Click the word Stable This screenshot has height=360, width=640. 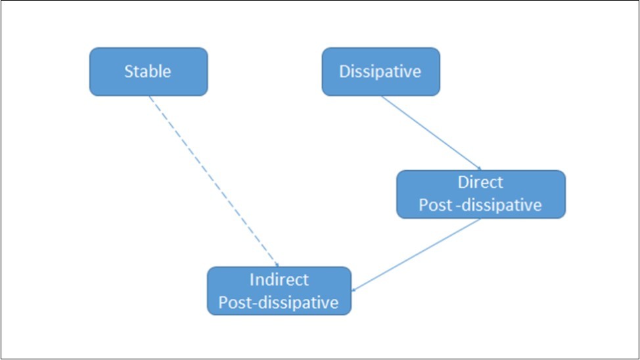(x=148, y=72)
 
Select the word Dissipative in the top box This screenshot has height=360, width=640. (x=380, y=72)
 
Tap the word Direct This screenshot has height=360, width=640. (x=480, y=183)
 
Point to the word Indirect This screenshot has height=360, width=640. (x=279, y=280)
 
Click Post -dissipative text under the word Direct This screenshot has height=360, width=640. (x=480, y=205)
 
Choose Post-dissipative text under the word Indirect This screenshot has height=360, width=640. (x=279, y=302)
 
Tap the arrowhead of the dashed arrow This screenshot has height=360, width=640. (x=277, y=264)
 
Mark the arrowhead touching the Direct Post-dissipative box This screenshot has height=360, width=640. (x=479, y=168)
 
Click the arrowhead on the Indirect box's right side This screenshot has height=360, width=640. (x=354, y=289)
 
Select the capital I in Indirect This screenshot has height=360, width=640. (x=252, y=280)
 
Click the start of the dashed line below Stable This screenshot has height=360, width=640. (x=149, y=97)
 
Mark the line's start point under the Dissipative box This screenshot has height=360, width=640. (x=382, y=97)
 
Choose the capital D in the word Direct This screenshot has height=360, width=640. (x=463, y=183)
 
